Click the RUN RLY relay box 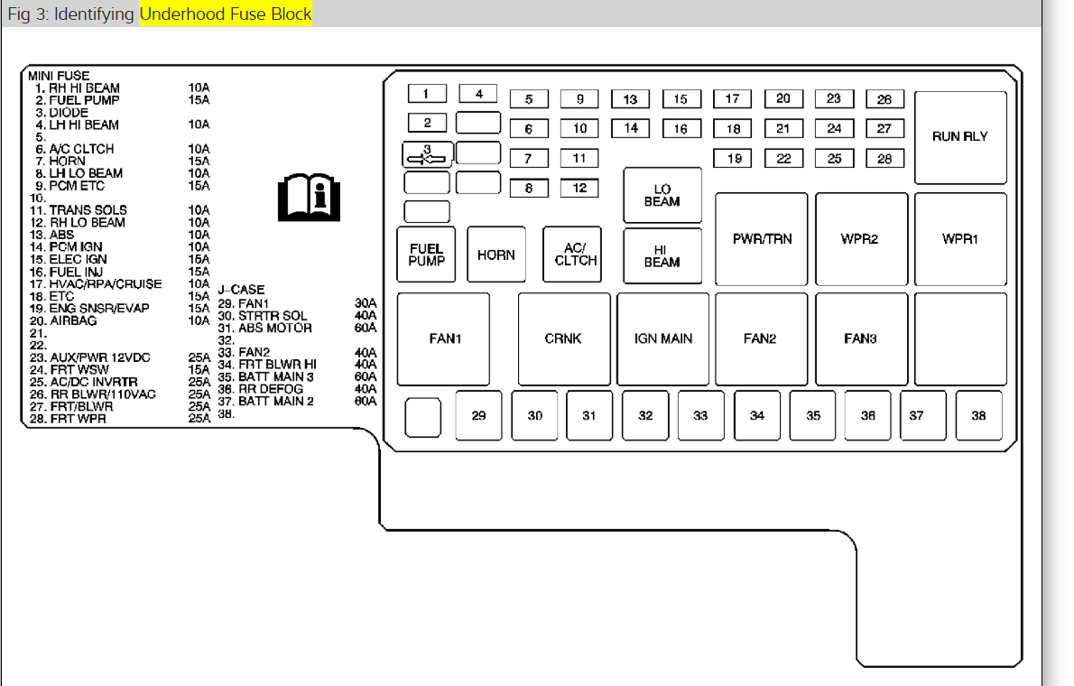coord(960,137)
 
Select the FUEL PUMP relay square coord(426,255)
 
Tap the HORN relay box coord(495,255)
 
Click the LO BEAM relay coord(662,195)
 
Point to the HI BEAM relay coord(662,256)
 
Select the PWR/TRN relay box coord(762,239)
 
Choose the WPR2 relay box coord(860,239)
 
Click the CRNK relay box coord(563,338)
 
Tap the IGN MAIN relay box coord(663,338)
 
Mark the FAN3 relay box coord(860,338)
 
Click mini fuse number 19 coord(734,159)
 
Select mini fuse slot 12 coord(579,188)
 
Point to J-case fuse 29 coord(478,415)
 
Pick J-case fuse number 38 coord(978,415)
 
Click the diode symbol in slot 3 coord(427,155)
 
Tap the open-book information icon coord(310,198)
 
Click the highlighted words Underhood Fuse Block coord(225,14)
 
